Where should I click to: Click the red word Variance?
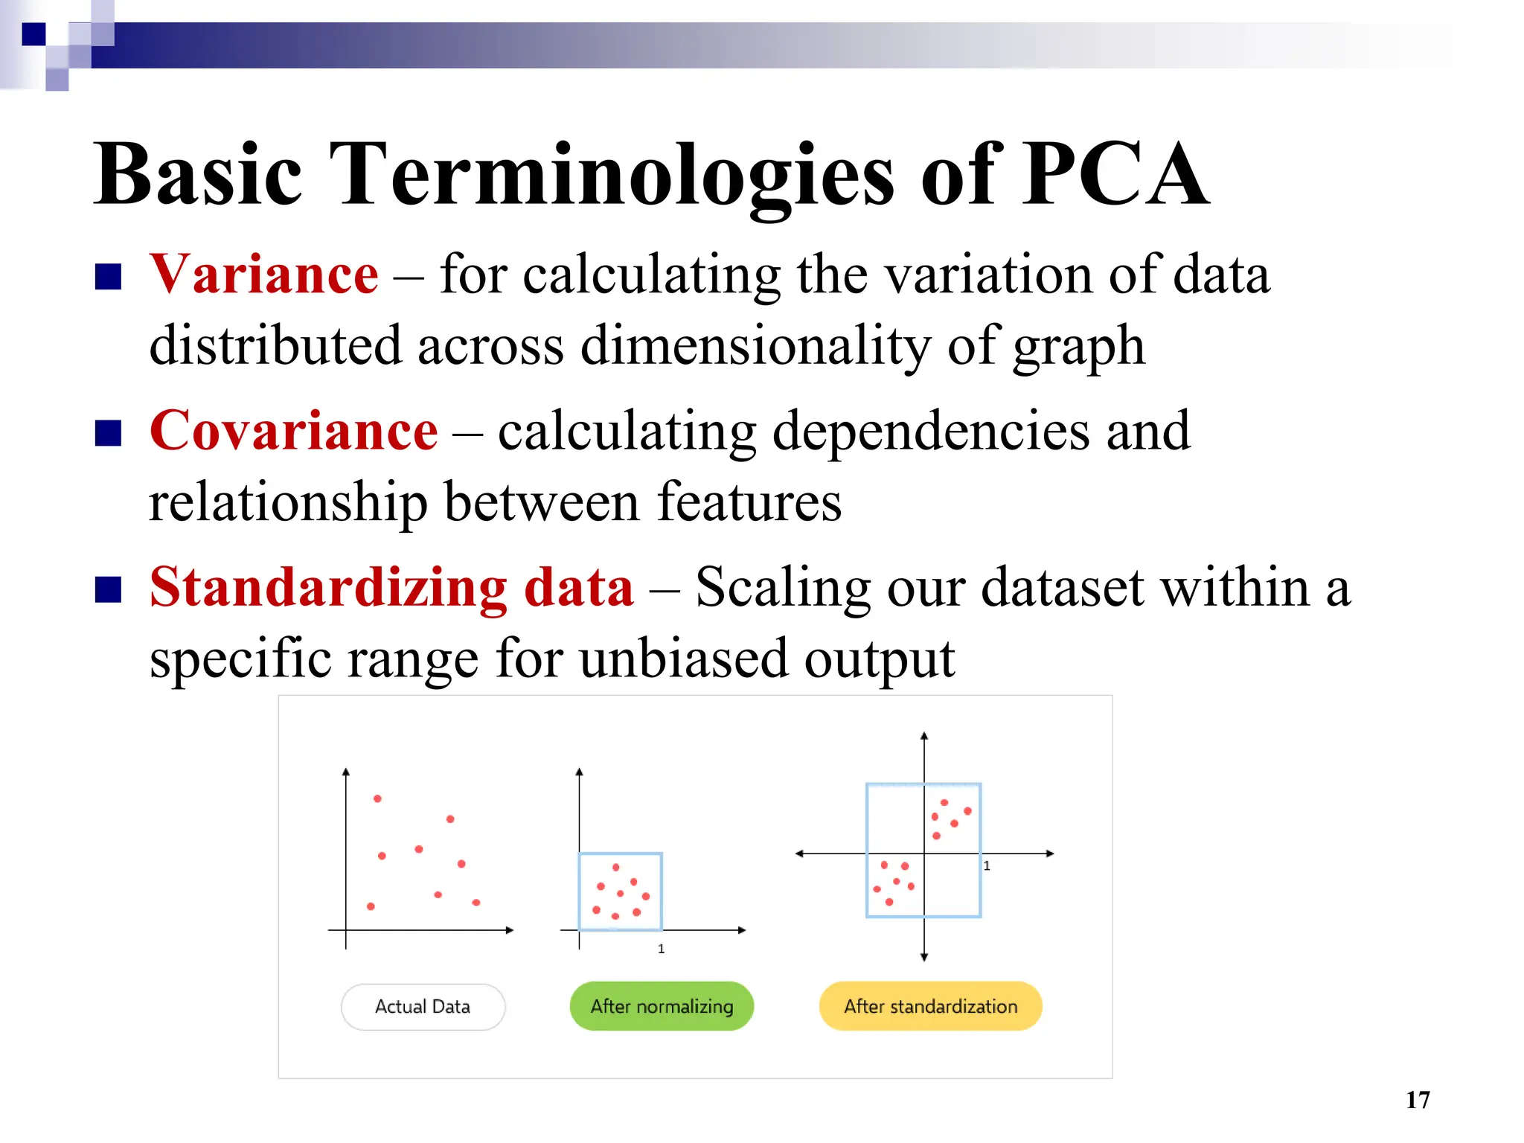coord(263,275)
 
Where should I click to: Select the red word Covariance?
coord(293,432)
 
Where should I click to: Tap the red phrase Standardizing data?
coord(391,588)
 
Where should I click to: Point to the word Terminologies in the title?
coord(612,176)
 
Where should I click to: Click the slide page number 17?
coord(1418,1100)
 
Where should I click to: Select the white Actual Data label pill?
coord(423,1007)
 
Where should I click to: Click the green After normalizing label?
coord(662,1007)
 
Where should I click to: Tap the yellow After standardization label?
coord(930,1007)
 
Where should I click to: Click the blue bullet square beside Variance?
coord(109,277)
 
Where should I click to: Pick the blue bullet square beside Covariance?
coord(109,433)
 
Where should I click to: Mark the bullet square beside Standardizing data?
coord(109,589)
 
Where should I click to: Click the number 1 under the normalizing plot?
coord(661,949)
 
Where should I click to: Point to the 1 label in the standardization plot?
coord(987,866)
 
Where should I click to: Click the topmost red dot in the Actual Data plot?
coord(377,798)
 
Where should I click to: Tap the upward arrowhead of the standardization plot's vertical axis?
coord(924,736)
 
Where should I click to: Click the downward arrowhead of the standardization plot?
coord(924,957)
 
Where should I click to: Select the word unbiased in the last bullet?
coord(682,659)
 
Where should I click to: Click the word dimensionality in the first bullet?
coord(755,347)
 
